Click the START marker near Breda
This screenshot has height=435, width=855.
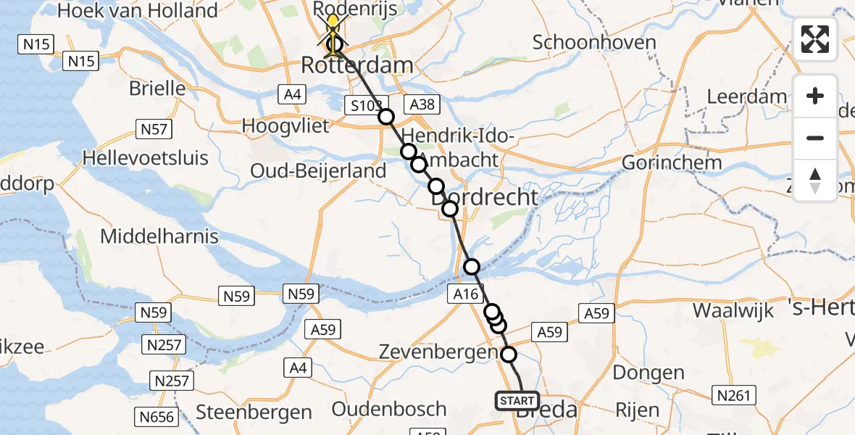517,400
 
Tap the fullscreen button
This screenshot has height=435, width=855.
815,39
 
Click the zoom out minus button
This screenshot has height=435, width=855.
815,138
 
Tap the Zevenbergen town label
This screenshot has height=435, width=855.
438,353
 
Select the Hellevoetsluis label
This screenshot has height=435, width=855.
146,158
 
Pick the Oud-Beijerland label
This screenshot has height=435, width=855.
318,171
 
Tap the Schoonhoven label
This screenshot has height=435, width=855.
594,42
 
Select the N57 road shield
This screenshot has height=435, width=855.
154,130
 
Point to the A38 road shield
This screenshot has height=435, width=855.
422,104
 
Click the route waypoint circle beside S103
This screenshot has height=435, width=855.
385,117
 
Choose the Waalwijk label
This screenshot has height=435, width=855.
730,310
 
